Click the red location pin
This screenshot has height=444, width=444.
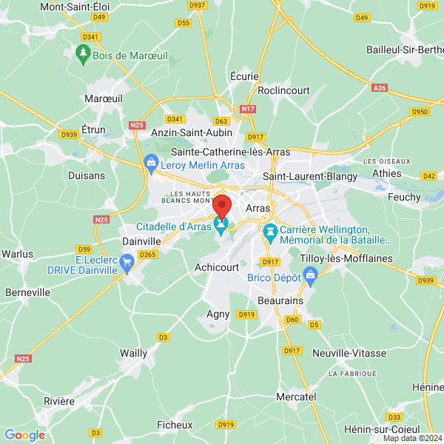point(223,206)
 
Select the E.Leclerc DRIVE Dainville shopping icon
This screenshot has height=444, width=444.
point(127,260)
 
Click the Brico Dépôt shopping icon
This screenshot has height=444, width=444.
point(310,277)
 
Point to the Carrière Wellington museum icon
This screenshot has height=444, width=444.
point(271,232)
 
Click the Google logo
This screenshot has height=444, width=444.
point(24,435)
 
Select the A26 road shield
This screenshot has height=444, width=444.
point(380,88)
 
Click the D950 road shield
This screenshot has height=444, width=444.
point(420,112)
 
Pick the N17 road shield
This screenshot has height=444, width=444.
point(248,110)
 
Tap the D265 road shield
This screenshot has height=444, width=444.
point(147,255)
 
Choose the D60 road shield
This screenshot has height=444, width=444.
point(292,320)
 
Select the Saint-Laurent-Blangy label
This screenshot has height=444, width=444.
point(310,176)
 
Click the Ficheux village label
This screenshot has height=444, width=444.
point(175,425)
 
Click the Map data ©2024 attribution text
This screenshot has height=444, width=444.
point(411,438)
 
